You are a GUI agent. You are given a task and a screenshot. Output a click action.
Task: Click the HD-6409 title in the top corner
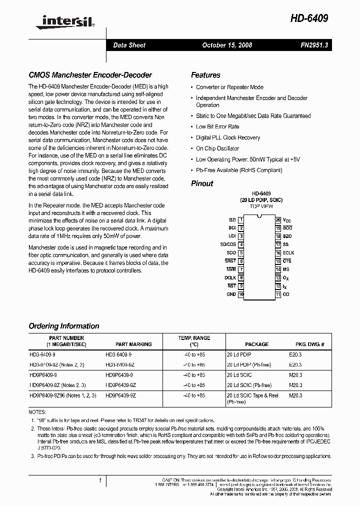(x=309, y=18)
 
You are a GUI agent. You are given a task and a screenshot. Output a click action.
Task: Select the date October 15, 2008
(x=227, y=45)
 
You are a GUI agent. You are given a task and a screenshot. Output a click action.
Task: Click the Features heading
(x=205, y=75)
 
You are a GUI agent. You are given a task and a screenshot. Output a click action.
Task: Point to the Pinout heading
(x=202, y=183)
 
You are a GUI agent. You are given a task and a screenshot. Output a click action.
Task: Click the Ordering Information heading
(x=64, y=326)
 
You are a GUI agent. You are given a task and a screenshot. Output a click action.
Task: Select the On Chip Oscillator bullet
(x=217, y=148)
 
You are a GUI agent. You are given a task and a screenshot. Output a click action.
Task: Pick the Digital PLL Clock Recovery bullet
(x=228, y=137)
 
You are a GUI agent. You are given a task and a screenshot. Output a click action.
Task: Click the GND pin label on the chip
(x=230, y=294)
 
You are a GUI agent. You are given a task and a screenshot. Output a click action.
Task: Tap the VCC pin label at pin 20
(x=286, y=219)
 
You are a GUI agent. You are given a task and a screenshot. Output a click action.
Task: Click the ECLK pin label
(x=288, y=253)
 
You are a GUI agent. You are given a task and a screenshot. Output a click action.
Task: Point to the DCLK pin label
(x=229, y=277)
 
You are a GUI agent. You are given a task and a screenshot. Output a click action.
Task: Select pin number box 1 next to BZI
(x=241, y=219)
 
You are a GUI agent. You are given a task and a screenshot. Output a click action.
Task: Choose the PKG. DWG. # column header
(x=306, y=344)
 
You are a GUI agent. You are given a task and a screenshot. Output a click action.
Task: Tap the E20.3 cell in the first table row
(x=295, y=354)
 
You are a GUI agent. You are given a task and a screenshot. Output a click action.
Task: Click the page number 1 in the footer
(x=100, y=480)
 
